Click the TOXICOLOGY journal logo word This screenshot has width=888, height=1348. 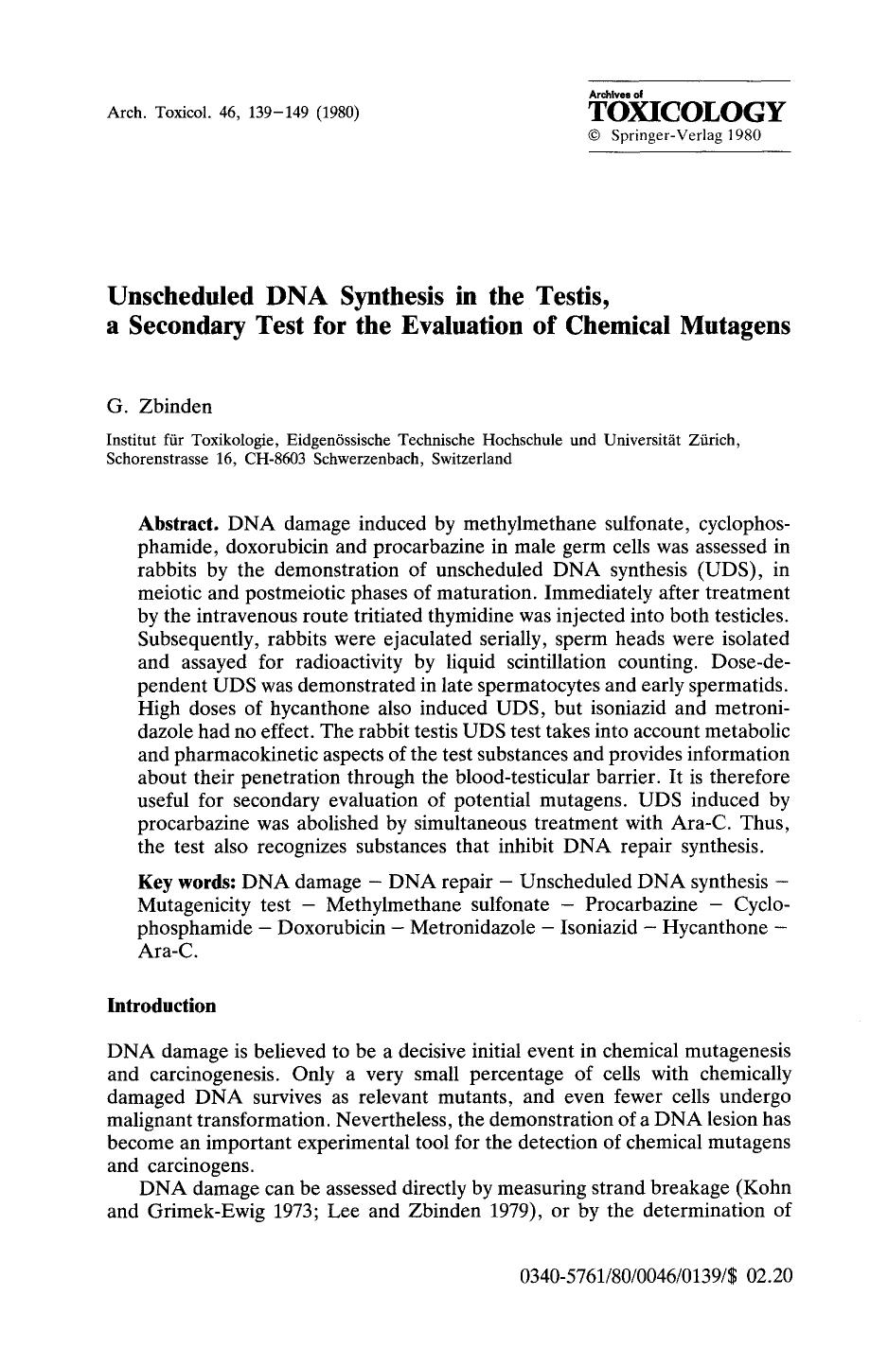[687, 113]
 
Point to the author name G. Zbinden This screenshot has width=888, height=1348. [159, 407]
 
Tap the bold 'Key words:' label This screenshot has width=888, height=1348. [186, 883]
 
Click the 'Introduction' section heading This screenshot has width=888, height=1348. [162, 1006]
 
